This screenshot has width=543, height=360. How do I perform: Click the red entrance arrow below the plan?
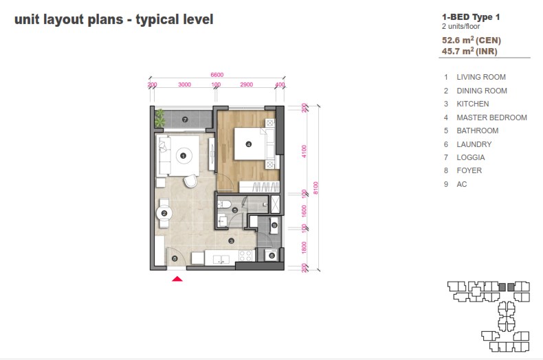(177, 279)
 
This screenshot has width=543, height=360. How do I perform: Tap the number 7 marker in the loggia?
(185, 120)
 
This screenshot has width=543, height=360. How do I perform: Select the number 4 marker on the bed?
(249, 144)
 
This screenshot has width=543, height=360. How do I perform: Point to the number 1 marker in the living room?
(184, 156)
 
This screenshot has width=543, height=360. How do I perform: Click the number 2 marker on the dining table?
(164, 213)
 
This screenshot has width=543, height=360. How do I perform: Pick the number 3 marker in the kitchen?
(232, 241)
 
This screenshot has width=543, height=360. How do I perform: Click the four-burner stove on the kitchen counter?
(245, 256)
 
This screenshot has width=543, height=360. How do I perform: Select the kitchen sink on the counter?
(221, 259)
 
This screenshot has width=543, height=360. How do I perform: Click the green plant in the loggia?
(159, 117)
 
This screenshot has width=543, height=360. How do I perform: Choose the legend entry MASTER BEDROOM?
(491, 117)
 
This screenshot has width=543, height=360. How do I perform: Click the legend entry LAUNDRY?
(474, 144)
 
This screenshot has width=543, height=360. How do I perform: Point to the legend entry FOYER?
(469, 170)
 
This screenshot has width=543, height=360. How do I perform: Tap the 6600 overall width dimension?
(217, 75)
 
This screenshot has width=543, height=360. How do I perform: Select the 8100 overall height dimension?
(315, 188)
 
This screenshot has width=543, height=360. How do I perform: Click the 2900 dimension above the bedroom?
(247, 85)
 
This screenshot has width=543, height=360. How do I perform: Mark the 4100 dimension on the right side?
(304, 151)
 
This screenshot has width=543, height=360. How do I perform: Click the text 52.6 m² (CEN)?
(472, 40)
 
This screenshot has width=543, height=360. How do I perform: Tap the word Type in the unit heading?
(483, 17)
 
